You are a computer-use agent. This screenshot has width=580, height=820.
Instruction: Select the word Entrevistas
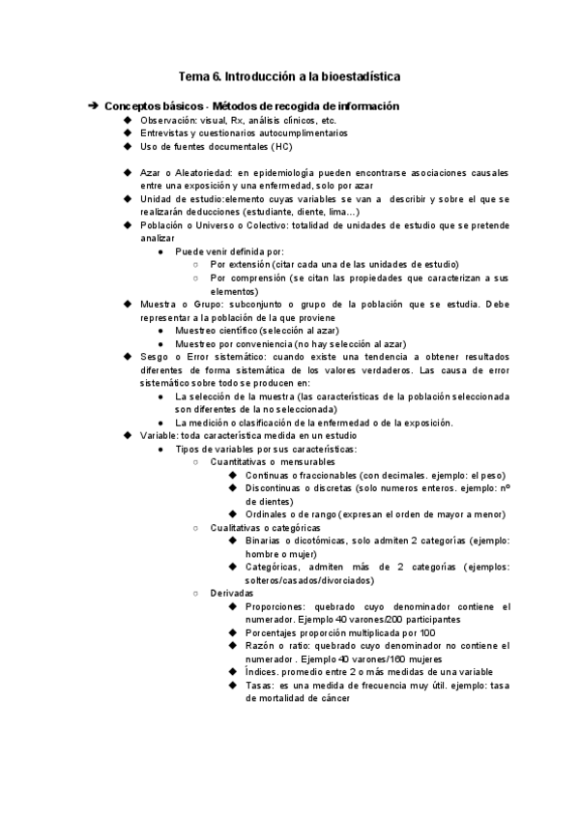point(167,133)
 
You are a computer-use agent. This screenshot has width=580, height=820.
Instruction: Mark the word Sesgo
point(156,356)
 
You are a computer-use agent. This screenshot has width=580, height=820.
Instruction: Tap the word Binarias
point(265,541)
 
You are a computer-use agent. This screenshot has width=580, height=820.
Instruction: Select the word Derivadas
point(232,592)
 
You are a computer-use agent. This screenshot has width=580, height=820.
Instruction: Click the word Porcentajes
point(275,632)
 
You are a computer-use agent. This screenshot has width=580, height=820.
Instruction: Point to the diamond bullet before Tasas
point(233,685)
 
